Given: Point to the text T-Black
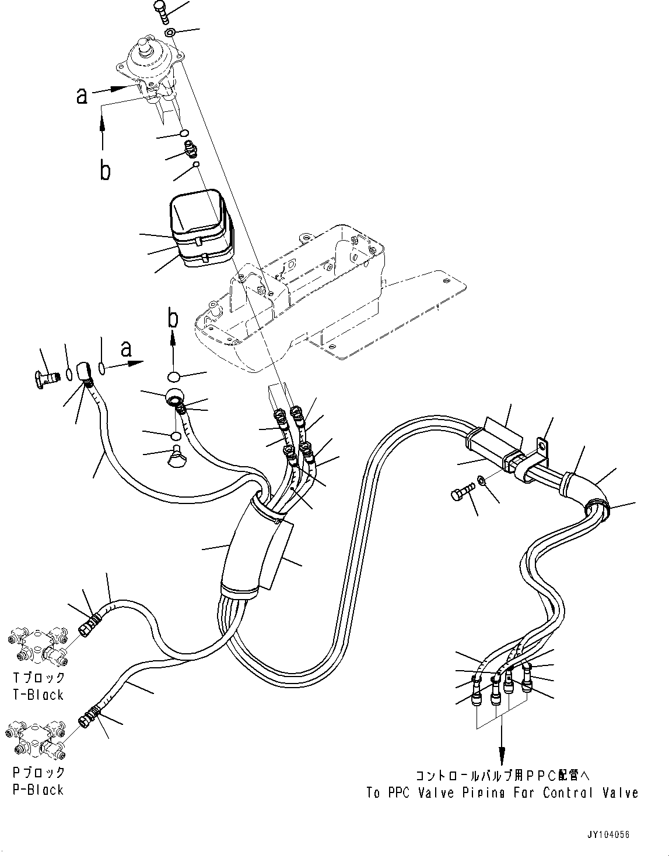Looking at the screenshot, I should (37, 695).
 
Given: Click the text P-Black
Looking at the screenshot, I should (37, 790).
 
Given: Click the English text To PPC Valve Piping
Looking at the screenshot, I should (502, 793).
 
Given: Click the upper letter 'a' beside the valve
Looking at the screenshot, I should (82, 95).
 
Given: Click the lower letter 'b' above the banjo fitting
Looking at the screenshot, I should (173, 318).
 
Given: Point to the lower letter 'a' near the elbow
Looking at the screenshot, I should (125, 350).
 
